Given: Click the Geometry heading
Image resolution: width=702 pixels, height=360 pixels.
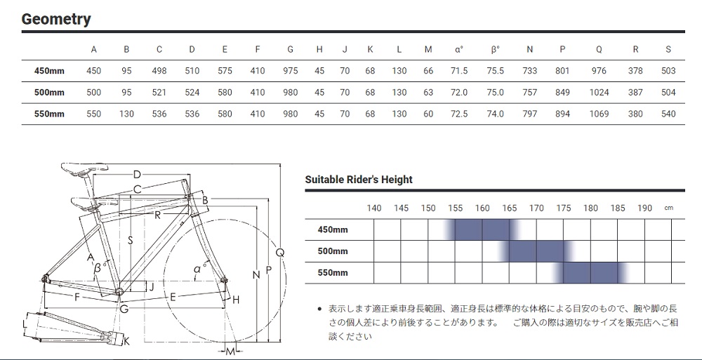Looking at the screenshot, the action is [x=56, y=19].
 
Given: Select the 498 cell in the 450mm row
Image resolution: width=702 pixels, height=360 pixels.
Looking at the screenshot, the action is [x=159, y=71].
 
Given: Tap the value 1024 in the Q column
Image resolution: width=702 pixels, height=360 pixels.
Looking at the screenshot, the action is [x=599, y=93].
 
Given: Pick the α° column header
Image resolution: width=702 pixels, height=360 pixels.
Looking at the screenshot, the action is [x=458, y=50].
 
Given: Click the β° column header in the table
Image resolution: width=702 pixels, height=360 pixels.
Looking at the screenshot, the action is [x=495, y=50].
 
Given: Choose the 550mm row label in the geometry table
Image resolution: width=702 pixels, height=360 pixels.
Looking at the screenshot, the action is [x=49, y=114].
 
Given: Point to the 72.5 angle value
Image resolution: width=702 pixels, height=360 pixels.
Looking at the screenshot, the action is [x=459, y=114].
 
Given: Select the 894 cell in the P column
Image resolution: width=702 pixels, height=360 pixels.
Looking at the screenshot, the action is [x=562, y=114].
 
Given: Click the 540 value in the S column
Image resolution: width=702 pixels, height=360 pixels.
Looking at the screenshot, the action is [x=668, y=114].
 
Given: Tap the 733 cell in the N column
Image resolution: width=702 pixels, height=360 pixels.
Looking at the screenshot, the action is [x=529, y=71].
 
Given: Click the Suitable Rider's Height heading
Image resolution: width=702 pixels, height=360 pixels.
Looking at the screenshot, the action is [x=359, y=180].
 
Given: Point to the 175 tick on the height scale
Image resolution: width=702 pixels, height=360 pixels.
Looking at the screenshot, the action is [x=564, y=208].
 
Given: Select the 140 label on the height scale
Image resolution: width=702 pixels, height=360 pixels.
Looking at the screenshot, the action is [x=374, y=208].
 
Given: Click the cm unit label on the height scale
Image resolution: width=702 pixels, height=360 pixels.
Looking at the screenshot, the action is [x=668, y=208].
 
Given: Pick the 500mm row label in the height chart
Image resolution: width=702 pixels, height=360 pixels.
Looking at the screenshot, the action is [x=333, y=251].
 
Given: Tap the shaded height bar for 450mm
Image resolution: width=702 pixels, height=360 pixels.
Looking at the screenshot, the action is [x=482, y=229].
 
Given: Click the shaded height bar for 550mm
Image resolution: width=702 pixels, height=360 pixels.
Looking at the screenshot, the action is [x=591, y=273].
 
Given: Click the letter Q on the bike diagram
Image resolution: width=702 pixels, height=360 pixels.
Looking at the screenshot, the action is [x=280, y=253].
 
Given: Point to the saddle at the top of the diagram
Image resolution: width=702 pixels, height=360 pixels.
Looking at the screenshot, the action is [x=85, y=168].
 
